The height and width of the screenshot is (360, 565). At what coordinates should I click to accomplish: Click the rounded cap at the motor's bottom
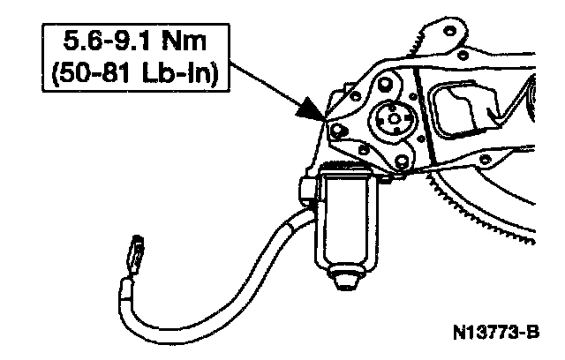coord(348,281)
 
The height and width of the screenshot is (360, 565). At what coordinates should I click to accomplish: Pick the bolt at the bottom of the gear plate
coord(402,161)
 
